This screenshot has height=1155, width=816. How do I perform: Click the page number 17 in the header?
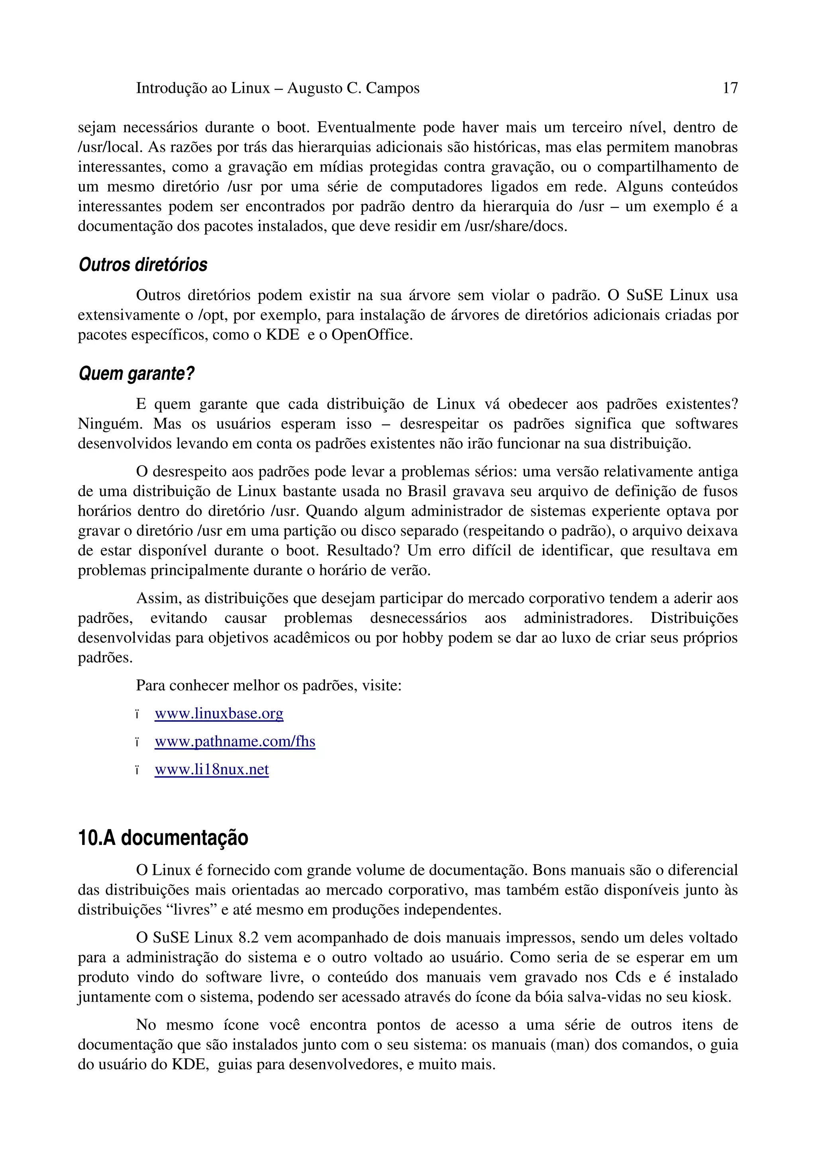click(x=730, y=88)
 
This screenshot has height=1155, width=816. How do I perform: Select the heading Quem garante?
click(x=136, y=374)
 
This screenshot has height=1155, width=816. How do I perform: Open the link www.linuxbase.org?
click(x=219, y=713)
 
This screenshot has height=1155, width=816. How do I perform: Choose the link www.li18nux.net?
click(x=212, y=770)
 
